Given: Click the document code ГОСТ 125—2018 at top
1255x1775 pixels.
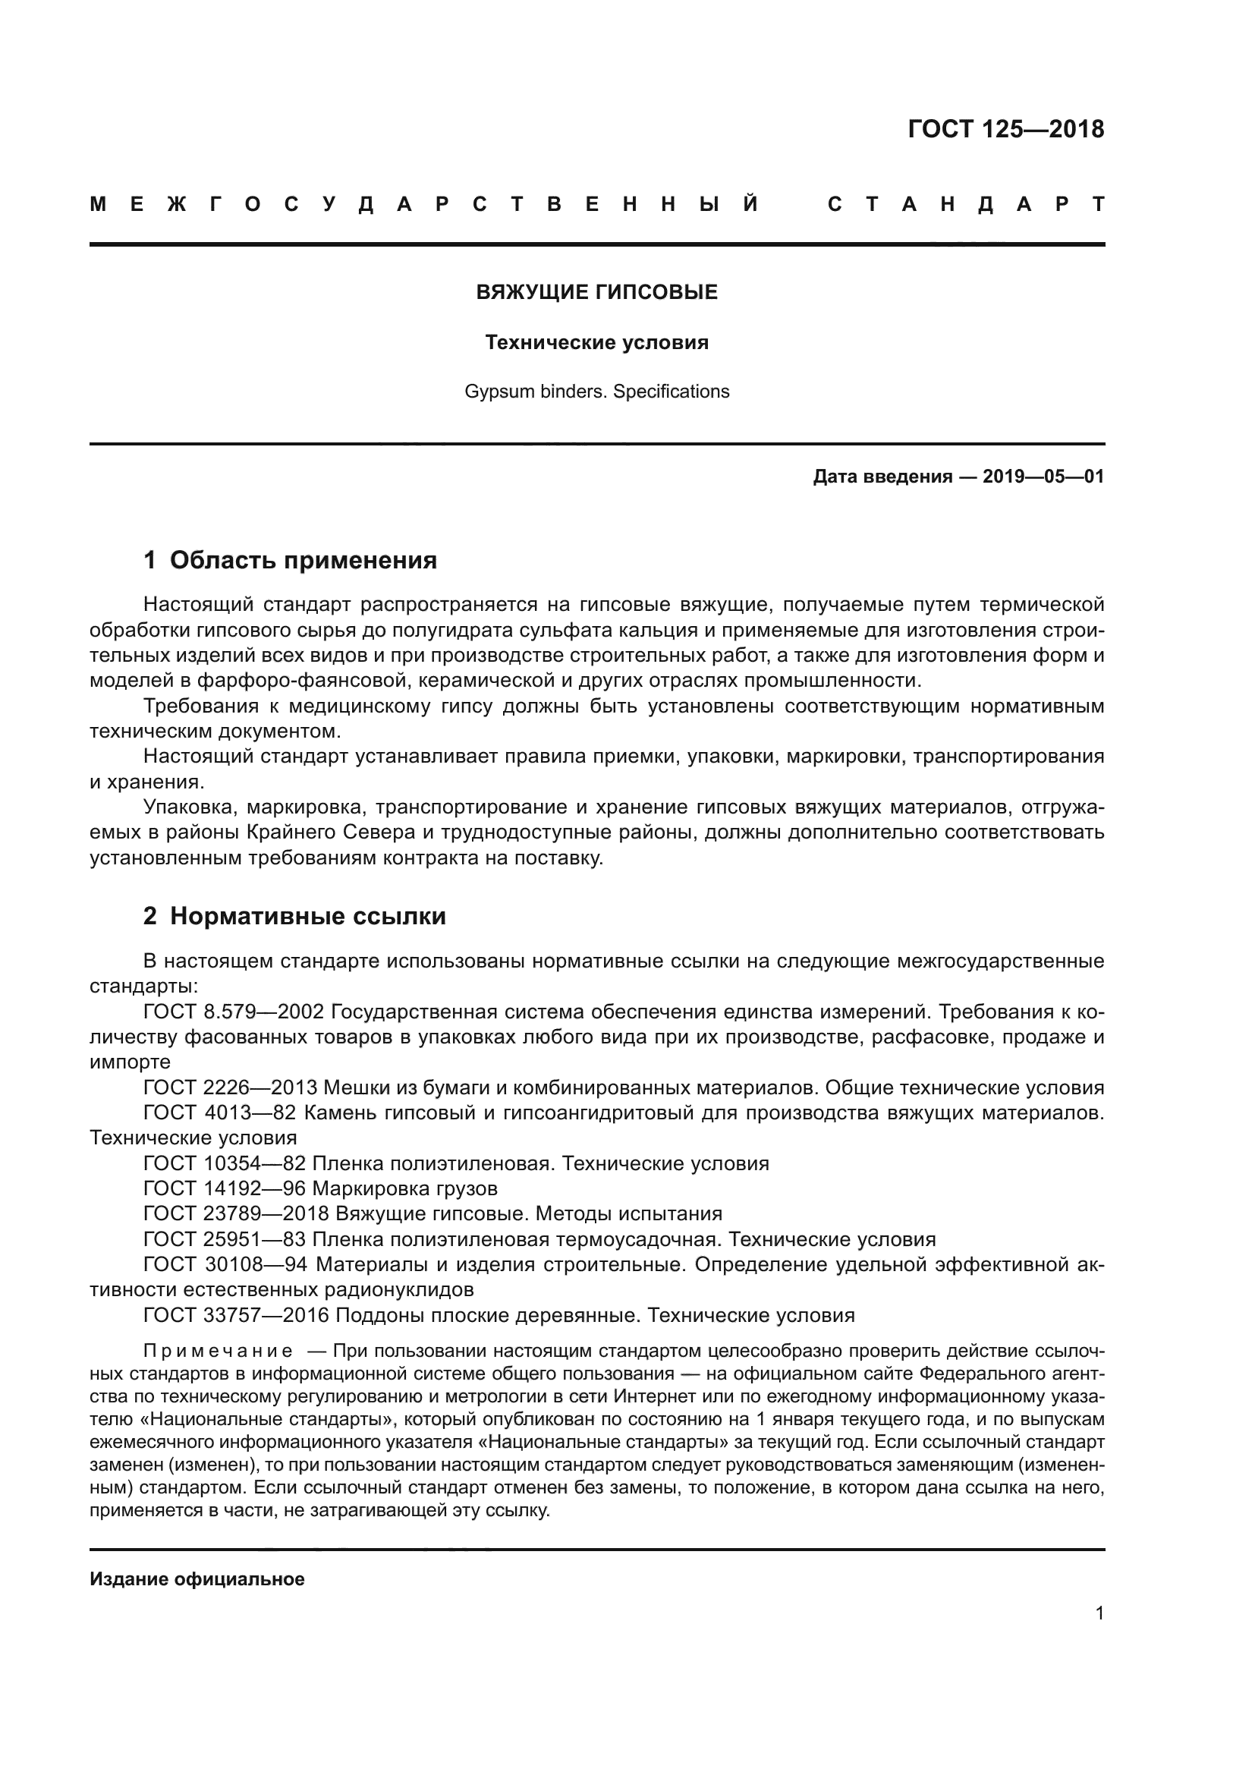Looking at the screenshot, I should [1005, 129].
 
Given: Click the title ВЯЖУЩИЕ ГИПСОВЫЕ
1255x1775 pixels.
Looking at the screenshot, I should [596, 292].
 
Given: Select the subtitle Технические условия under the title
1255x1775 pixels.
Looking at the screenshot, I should [596, 342].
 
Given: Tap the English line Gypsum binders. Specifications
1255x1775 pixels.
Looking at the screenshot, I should [596, 392].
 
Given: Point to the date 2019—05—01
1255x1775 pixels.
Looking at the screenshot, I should [1043, 477].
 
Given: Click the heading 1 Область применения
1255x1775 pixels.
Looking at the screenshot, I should [291, 561].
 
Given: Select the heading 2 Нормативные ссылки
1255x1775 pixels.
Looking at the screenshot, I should [294, 916].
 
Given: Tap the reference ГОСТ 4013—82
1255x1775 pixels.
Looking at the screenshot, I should [224, 1113].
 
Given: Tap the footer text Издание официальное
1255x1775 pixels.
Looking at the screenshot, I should [197, 1578].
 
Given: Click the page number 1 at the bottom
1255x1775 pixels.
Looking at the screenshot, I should [1099, 1613].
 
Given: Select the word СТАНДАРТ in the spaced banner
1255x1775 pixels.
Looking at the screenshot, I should [965, 205].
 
